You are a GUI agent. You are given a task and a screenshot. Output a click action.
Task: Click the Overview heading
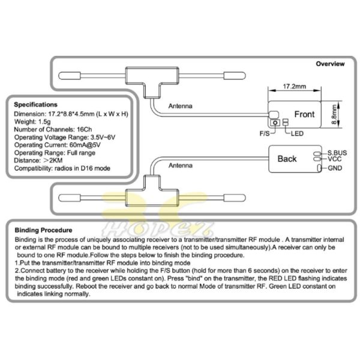pyautogui.click(x=330, y=64)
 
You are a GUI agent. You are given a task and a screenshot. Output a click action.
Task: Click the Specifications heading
pyautogui.click(x=35, y=104)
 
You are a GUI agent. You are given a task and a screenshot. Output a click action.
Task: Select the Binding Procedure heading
pyautogui.click(x=43, y=230)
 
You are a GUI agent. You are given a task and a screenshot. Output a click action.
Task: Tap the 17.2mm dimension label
pyautogui.click(x=295, y=86)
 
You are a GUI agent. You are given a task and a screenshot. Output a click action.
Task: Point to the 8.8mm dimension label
pyautogui.click(x=335, y=115)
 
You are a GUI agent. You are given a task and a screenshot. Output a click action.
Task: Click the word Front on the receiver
pyautogui.click(x=304, y=114)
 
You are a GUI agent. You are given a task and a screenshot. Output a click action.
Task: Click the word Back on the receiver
pyautogui.click(x=287, y=158)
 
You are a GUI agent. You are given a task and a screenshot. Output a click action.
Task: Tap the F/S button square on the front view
pyautogui.click(x=275, y=122)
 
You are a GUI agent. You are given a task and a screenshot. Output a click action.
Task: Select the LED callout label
pyautogui.click(x=297, y=133)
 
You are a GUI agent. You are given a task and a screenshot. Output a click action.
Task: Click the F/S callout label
pyautogui.click(x=265, y=133)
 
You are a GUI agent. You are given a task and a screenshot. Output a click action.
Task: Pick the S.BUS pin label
pyautogui.click(x=337, y=152)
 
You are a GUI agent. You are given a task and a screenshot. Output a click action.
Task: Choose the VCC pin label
pyautogui.click(x=335, y=159)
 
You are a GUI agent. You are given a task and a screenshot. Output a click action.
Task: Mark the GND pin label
pyautogui.click(x=335, y=168)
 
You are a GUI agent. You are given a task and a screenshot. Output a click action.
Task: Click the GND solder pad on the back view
pyautogui.click(x=319, y=168)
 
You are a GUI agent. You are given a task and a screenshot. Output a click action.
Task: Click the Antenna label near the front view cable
pyautogui.click(x=181, y=106)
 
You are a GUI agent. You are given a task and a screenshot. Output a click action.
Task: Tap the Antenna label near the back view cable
pyautogui.click(x=181, y=166)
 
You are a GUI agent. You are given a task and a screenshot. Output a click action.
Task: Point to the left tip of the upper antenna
pyautogui.click(x=59, y=76)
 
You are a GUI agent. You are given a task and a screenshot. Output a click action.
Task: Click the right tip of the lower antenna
pyautogui.click(x=245, y=197)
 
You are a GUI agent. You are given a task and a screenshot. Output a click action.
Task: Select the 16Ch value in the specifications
pyautogui.click(x=84, y=130)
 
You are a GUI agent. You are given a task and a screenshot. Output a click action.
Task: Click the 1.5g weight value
pyautogui.click(x=44, y=122)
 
